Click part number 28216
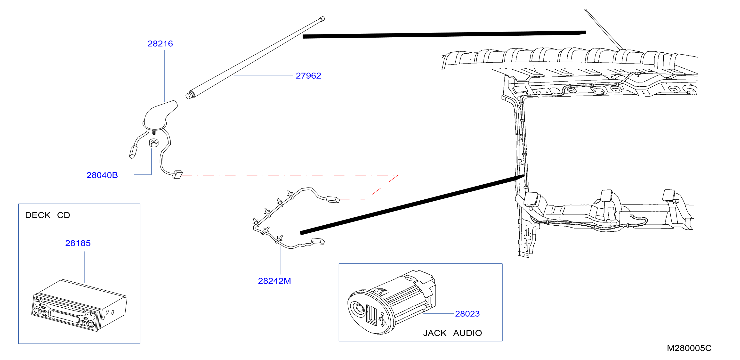point(160,44)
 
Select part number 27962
point(308,76)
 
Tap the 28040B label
point(102,175)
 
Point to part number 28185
point(78,243)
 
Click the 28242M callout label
point(274,281)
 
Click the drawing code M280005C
point(689,348)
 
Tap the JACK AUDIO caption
point(452,333)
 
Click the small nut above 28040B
point(154,143)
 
